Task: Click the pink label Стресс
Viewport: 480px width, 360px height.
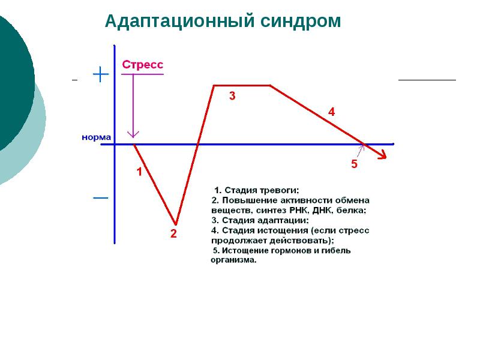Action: click(143, 65)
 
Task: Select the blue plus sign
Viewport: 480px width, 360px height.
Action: click(101, 74)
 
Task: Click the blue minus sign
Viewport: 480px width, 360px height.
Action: click(100, 198)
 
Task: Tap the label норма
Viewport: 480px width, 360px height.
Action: click(97, 137)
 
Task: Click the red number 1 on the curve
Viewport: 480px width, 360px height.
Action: click(139, 172)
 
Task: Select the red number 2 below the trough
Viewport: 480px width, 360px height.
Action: click(173, 233)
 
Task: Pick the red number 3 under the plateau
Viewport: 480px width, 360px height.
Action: click(232, 96)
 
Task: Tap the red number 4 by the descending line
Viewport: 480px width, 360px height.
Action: click(332, 112)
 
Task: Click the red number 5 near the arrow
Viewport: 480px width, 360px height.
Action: click(354, 164)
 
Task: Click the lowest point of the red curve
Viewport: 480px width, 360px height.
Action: click(175, 224)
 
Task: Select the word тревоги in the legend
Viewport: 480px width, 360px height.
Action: click(279, 190)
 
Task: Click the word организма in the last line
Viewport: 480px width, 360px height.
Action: click(233, 260)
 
